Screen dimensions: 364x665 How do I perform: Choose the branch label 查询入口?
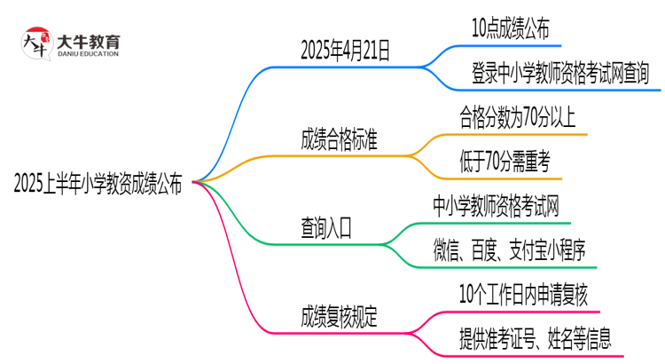325,228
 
